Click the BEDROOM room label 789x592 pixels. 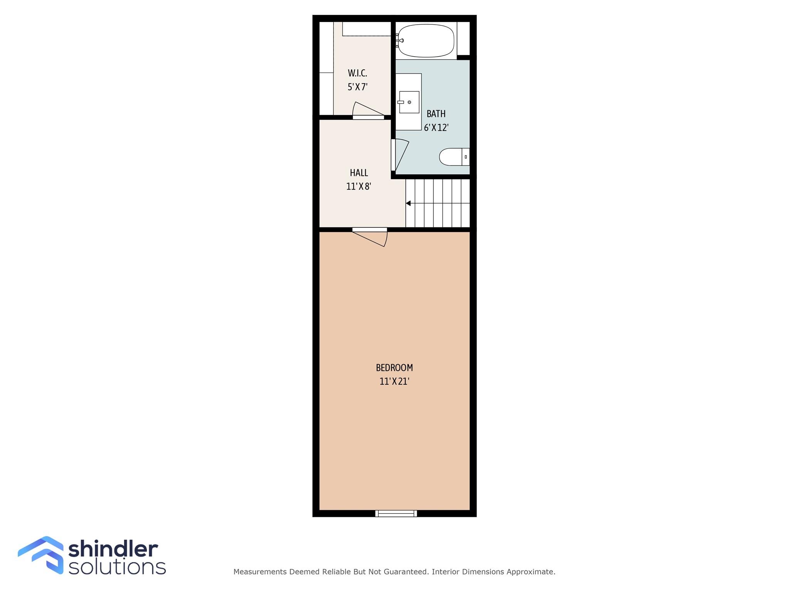394,368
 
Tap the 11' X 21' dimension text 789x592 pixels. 394,382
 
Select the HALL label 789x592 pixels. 359,173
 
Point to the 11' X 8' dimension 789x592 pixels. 359,187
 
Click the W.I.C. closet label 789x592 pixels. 358,73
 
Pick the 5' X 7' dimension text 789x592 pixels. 358,87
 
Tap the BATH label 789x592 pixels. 436,114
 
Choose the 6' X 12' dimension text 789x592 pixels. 436,128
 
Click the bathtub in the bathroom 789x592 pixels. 426,40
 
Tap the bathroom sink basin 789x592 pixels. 409,102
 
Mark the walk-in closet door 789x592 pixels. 368,111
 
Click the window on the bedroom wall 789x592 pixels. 396,513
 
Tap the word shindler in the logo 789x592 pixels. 113,549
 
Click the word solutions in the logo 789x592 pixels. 117,567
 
